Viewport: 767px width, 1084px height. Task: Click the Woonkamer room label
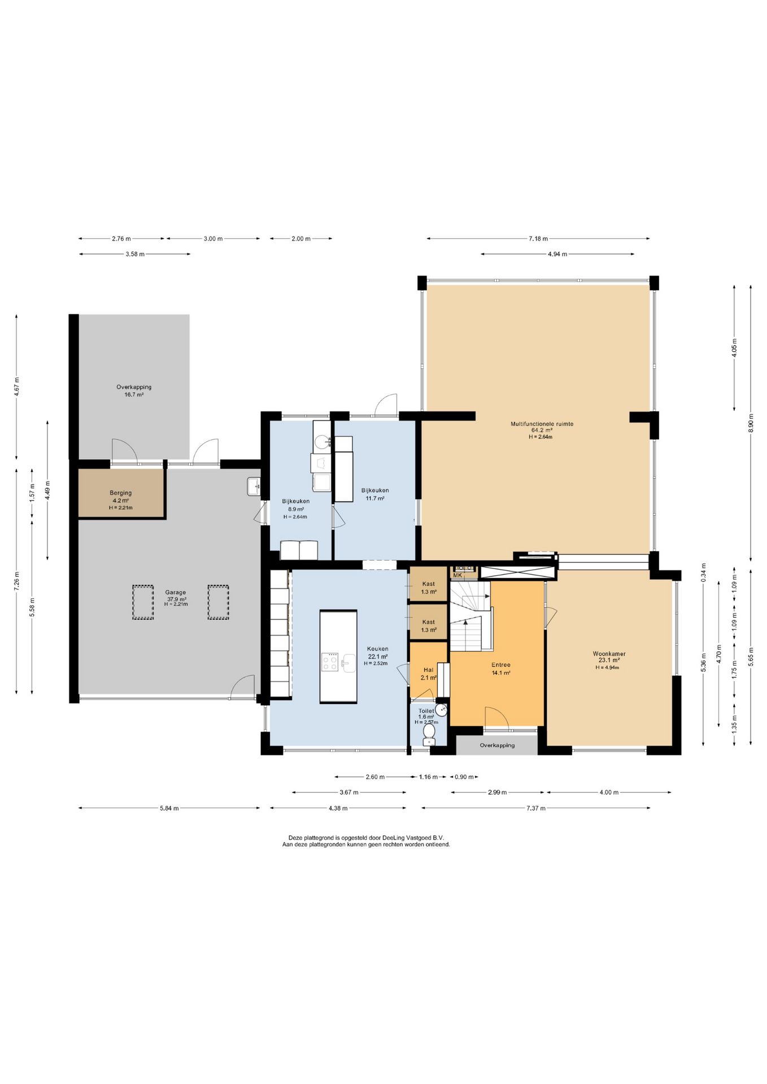609,654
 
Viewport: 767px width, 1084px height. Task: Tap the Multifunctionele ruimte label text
542,423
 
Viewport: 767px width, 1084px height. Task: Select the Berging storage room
121,493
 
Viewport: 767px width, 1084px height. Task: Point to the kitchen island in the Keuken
338,656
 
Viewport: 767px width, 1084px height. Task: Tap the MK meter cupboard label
457,575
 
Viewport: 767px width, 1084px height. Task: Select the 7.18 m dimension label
538,238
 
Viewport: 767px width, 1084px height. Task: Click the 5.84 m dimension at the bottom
169,808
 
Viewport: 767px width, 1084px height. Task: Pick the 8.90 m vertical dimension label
751,423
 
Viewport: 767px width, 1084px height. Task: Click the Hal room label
429,670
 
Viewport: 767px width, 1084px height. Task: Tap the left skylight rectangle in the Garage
143,602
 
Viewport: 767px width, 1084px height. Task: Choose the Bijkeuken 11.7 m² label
375,494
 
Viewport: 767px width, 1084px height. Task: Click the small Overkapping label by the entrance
497,745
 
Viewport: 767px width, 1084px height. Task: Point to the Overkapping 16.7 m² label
134,391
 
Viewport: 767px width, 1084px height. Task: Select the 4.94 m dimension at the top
557,254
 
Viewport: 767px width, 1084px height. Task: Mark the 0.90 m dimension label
464,777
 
